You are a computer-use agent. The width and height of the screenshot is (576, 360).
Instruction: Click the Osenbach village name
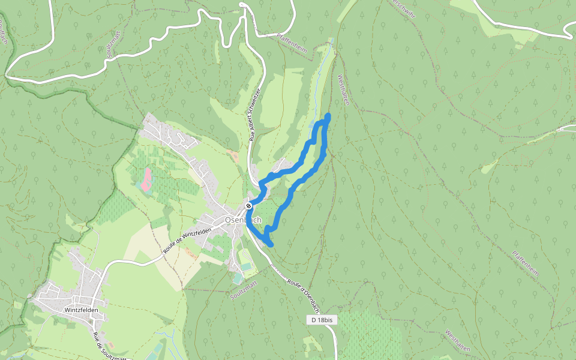click(243, 220)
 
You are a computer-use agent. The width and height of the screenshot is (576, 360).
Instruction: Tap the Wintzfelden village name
click(80, 310)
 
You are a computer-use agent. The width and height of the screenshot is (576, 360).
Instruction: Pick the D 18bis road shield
click(322, 320)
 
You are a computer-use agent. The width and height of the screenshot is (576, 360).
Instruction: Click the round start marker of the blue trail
click(248, 206)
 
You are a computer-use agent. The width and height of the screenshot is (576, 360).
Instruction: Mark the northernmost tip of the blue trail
click(328, 115)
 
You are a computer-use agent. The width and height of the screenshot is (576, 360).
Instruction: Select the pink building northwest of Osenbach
click(145, 179)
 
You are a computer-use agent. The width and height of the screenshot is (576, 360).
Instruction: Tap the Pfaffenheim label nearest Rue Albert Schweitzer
click(292, 44)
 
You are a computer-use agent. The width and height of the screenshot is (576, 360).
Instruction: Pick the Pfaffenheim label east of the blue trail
click(526, 264)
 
